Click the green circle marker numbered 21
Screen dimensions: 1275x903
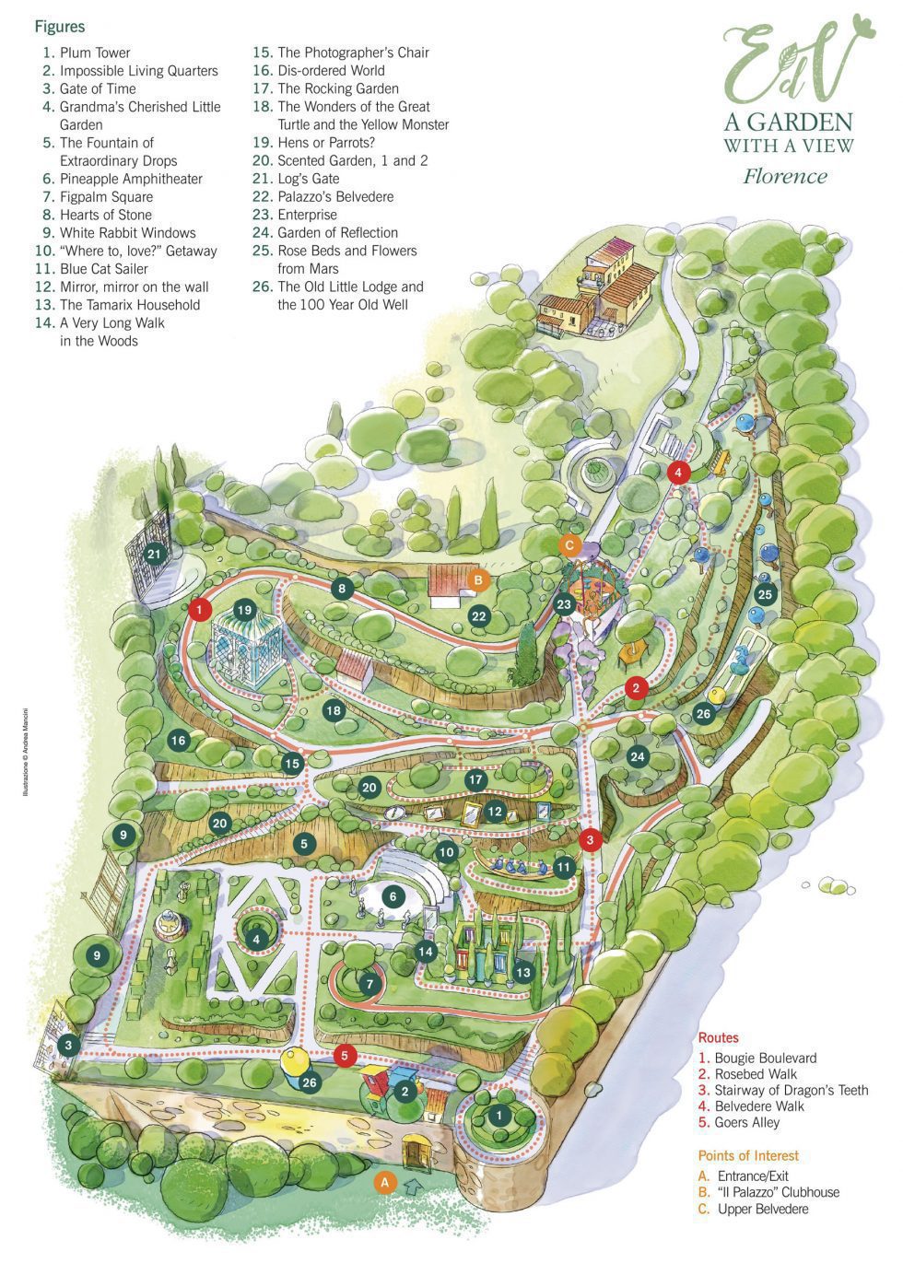pyautogui.click(x=155, y=554)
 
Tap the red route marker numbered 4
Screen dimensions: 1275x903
pyautogui.click(x=678, y=472)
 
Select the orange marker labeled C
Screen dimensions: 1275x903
pyautogui.click(x=569, y=544)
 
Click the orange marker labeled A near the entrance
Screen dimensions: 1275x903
pyautogui.click(x=386, y=1181)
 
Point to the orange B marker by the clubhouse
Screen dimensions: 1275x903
pyautogui.click(x=478, y=579)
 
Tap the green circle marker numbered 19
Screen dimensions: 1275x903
pyautogui.click(x=244, y=610)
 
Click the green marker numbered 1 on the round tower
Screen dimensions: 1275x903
pyautogui.click(x=499, y=1116)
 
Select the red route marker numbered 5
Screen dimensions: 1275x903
pyautogui.click(x=344, y=1056)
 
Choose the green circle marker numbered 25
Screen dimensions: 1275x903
pyautogui.click(x=764, y=594)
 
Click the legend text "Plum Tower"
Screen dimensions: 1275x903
pyautogui.click(x=95, y=53)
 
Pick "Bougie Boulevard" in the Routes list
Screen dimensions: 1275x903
pyautogui.click(x=765, y=1058)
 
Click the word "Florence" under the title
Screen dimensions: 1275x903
pyautogui.click(x=785, y=176)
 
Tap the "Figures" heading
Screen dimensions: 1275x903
pyautogui.click(x=60, y=27)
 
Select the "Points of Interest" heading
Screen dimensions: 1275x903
pyautogui.click(x=748, y=1155)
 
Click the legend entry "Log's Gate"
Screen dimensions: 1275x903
pyautogui.click(x=308, y=179)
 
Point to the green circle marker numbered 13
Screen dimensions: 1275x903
pyautogui.click(x=523, y=972)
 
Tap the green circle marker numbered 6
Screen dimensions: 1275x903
pyautogui.click(x=393, y=896)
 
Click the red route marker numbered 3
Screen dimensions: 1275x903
pyautogui.click(x=590, y=839)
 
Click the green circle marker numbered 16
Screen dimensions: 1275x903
pyautogui.click(x=178, y=740)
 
